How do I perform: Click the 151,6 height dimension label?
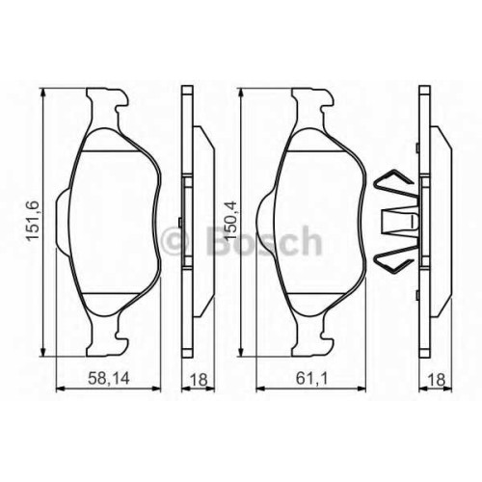(x=34, y=221)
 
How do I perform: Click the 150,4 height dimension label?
(x=230, y=221)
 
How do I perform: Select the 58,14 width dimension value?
(x=109, y=379)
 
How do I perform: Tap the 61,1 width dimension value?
(x=311, y=379)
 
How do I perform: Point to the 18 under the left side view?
(x=199, y=380)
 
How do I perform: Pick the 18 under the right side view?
(x=437, y=380)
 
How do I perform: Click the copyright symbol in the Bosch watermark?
(x=175, y=241)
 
